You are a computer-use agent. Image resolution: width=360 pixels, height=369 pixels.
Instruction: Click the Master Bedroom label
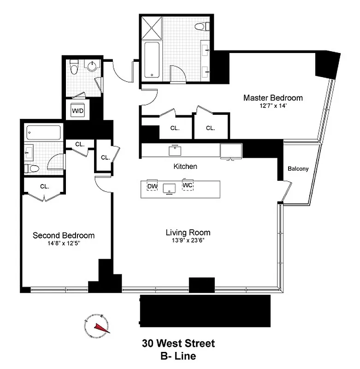pyautogui.click(x=273, y=98)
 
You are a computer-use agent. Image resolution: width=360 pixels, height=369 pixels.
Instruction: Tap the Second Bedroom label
pyautogui.click(x=64, y=235)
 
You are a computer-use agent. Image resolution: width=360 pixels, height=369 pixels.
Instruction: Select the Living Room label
pyautogui.click(x=188, y=232)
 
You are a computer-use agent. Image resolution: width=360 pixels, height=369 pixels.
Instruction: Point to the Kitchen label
pyautogui.click(x=185, y=166)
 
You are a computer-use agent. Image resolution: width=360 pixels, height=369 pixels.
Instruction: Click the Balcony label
pyautogui.click(x=298, y=169)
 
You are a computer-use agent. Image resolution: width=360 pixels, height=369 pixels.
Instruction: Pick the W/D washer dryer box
pyautogui.click(x=76, y=110)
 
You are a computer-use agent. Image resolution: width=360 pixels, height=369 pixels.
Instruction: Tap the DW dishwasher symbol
pyautogui.click(x=152, y=186)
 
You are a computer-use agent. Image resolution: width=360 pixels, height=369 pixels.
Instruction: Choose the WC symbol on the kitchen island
pyautogui.click(x=188, y=185)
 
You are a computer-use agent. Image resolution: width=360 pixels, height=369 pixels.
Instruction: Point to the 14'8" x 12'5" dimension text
pyautogui.click(x=64, y=243)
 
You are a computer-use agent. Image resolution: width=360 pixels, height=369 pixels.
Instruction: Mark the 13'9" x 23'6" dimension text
pyautogui.click(x=188, y=240)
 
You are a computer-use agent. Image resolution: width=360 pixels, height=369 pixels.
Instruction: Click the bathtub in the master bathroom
pyautogui.click(x=152, y=60)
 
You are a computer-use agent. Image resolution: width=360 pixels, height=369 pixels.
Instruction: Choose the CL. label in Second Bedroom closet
pyautogui.click(x=44, y=186)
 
